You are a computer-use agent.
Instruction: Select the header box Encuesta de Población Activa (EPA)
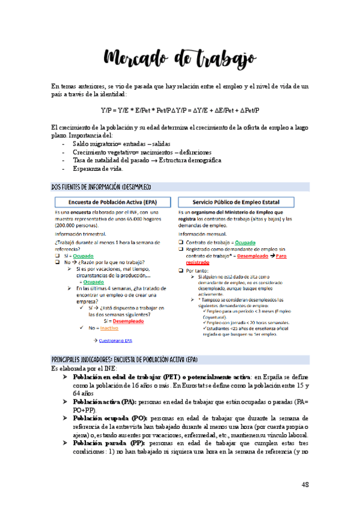pos(112,202)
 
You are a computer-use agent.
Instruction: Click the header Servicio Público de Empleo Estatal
pos(242,202)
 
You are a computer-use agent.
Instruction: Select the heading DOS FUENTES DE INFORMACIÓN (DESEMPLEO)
pos(102,187)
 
